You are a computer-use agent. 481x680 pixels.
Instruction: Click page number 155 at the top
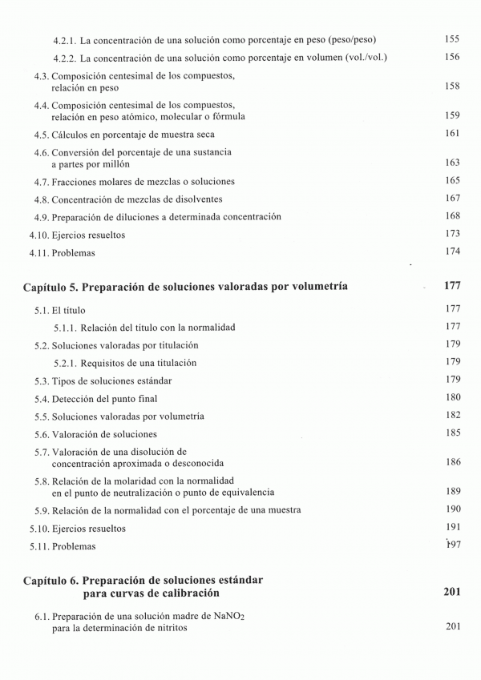click(451, 38)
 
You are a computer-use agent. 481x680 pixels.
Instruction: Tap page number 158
click(451, 86)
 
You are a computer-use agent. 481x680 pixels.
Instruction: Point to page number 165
click(451, 181)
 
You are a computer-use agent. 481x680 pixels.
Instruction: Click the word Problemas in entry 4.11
click(74, 253)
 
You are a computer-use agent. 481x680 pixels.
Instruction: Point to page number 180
click(451, 397)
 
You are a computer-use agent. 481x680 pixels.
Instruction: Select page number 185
click(451, 433)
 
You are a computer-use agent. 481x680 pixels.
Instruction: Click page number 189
click(451, 491)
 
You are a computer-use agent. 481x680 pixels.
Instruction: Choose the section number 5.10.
click(39, 529)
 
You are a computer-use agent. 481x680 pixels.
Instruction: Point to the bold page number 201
click(451, 593)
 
